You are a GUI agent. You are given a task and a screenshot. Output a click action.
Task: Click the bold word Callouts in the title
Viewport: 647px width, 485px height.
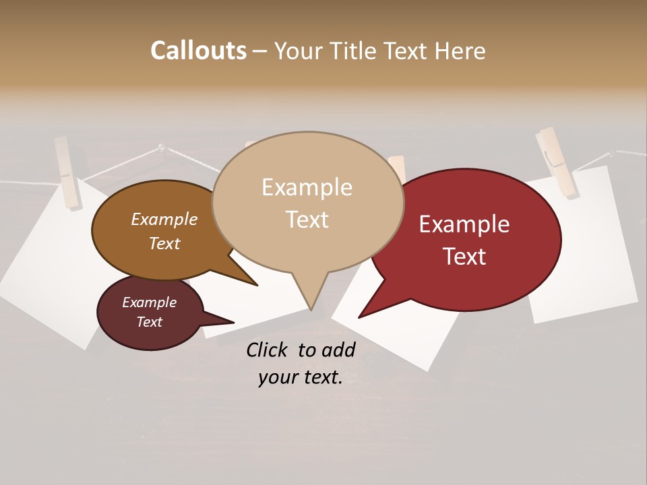click(198, 51)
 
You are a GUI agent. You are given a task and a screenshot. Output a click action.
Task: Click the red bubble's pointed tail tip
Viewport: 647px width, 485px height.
click(360, 317)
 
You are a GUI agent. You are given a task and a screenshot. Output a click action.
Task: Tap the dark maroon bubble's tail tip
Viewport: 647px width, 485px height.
click(233, 322)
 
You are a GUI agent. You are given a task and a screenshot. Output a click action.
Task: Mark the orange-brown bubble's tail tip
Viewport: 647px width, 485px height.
click(256, 285)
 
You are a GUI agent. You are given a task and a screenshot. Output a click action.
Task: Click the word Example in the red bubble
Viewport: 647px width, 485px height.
click(464, 224)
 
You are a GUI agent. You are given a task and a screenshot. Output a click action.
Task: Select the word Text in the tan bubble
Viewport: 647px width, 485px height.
click(307, 220)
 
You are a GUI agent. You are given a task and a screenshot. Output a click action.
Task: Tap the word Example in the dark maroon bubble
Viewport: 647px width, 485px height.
click(149, 302)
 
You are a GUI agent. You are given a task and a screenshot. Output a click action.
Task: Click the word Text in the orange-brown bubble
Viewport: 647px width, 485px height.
click(164, 243)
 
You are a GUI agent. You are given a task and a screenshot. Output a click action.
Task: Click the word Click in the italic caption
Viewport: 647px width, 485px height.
click(268, 350)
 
